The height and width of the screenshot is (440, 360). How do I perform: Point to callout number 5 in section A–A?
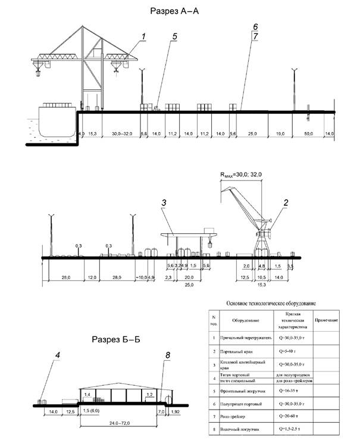pos(174,37)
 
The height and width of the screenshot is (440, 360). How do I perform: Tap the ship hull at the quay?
pos(57,120)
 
